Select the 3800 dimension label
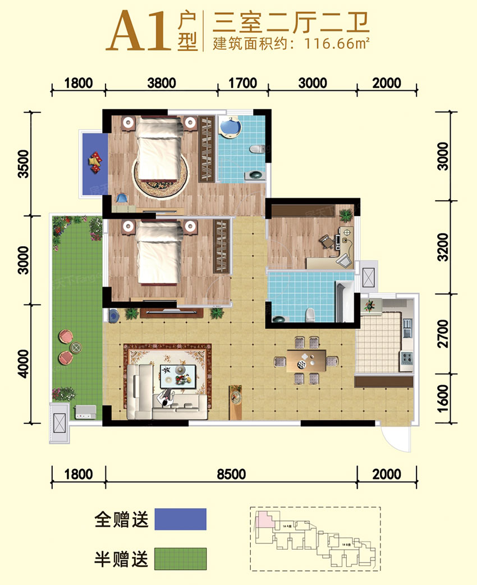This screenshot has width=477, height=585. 162,84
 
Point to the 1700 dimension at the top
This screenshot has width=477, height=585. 243,84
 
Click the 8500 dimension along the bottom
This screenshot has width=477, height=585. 231,475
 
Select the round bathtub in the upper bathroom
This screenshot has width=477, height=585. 230,127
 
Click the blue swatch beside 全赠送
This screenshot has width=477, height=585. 180,519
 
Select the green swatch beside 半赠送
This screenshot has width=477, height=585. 180,559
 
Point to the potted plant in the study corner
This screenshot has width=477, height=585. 346,214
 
